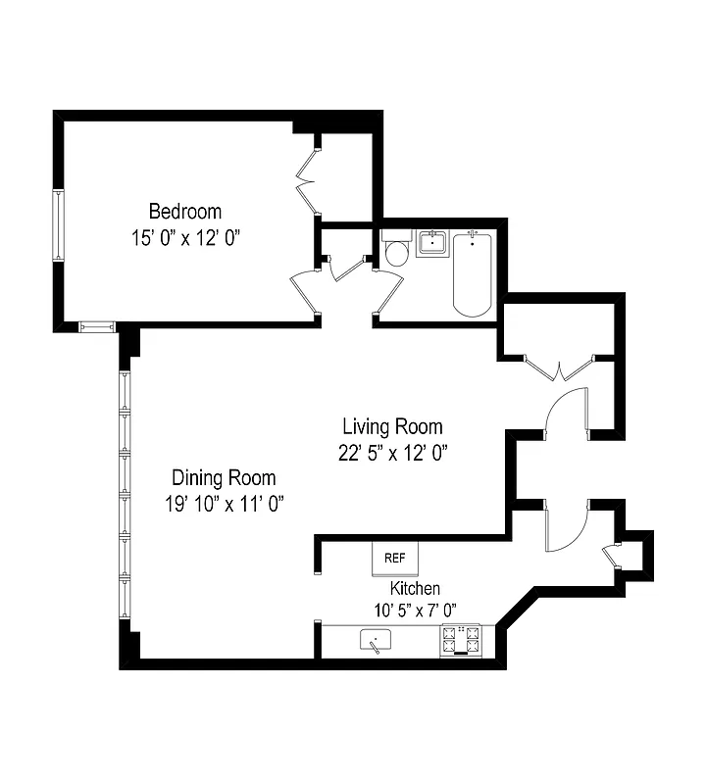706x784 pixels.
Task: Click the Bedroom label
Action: (184, 211)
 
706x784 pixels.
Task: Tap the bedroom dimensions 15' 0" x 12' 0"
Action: (184, 236)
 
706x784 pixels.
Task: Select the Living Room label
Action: (391, 427)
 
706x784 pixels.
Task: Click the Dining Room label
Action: (224, 478)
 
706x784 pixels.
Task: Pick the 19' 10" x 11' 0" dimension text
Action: (224, 504)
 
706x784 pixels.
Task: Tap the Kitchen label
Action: (415, 588)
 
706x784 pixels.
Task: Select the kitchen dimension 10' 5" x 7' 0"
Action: (415, 610)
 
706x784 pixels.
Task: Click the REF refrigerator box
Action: (395, 558)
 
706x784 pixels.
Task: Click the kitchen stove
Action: (462, 641)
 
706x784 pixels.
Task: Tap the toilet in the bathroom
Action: (397, 253)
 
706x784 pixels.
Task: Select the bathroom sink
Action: (432, 242)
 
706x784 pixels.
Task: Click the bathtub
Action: (472, 274)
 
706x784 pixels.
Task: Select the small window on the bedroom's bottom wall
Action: (96, 326)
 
